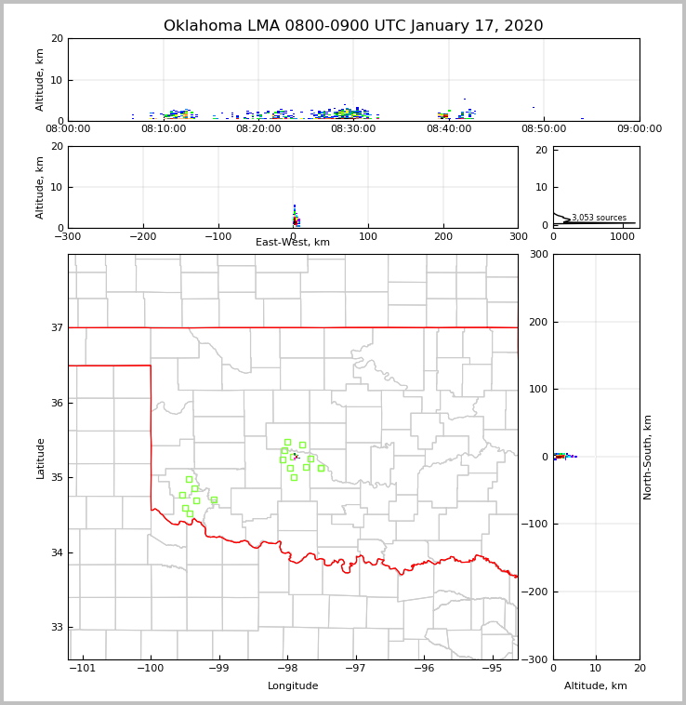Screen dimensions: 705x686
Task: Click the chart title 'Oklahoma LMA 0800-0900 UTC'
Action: [353, 26]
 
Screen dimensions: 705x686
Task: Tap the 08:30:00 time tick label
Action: [353, 129]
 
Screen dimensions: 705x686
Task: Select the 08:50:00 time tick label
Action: [544, 129]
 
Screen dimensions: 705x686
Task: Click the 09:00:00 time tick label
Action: [639, 129]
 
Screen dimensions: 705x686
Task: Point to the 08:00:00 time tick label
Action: [68, 129]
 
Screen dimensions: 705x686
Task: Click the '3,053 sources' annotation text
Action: [599, 218]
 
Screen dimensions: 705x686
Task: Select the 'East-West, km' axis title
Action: [293, 243]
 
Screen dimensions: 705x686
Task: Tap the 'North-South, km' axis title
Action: [648, 457]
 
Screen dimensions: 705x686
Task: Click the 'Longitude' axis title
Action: [293, 686]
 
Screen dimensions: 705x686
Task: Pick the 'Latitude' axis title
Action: [40, 458]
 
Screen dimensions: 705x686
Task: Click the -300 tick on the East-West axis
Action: [68, 236]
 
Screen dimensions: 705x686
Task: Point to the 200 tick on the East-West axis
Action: [443, 236]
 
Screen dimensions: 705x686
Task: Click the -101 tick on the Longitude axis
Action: [83, 668]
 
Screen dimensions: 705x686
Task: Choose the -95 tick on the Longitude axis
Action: [492, 668]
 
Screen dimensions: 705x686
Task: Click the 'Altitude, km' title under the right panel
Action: [596, 686]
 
